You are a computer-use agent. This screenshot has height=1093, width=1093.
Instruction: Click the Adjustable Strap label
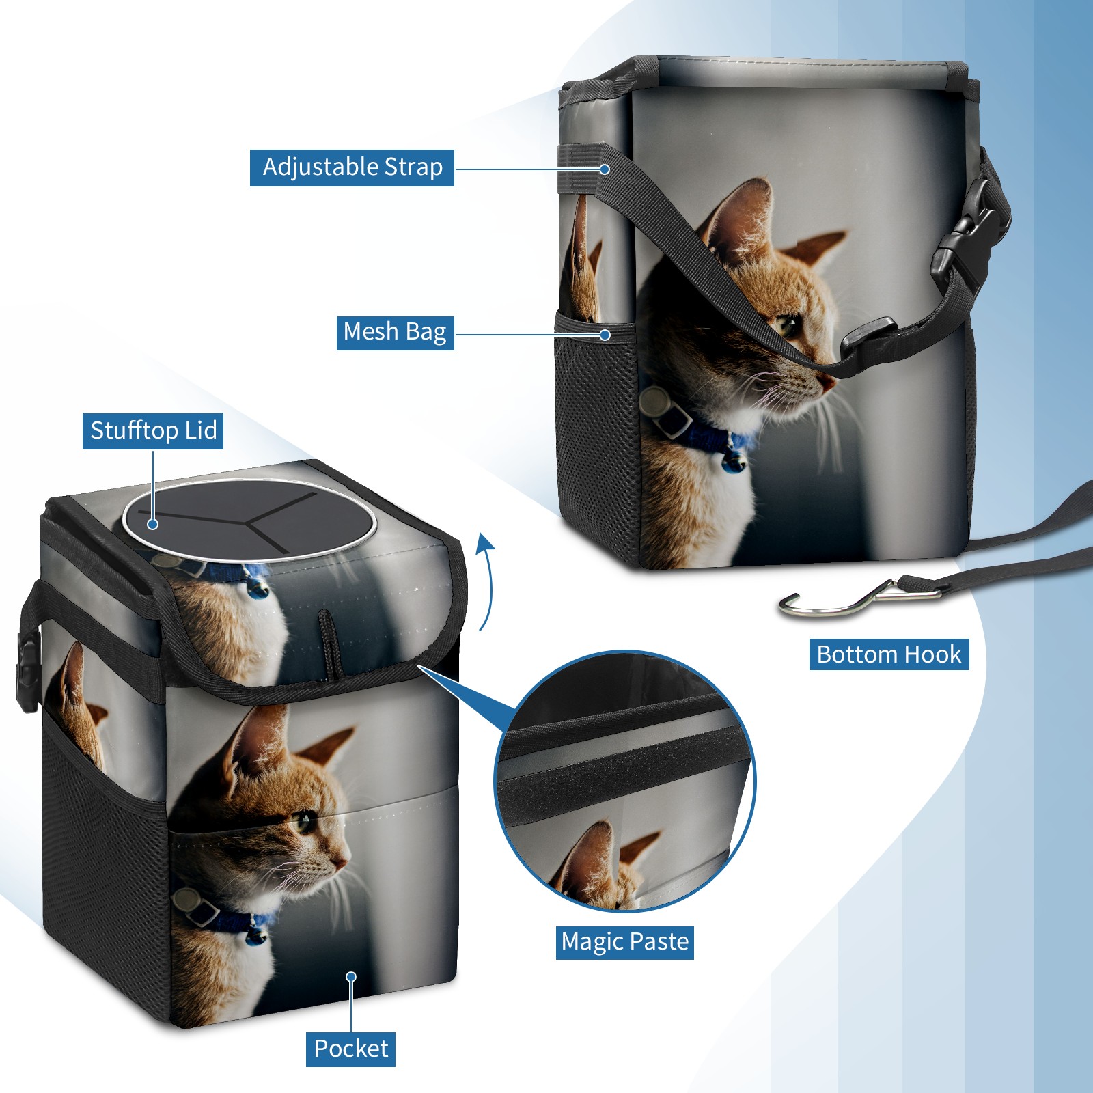352,167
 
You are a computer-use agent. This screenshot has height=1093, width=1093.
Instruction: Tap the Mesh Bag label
395,333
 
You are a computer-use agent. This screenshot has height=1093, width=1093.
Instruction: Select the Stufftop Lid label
153,431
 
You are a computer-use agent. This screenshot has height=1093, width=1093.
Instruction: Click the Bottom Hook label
889,654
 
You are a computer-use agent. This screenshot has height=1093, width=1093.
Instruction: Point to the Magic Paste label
625,942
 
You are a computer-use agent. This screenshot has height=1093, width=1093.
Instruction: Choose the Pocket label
350,1049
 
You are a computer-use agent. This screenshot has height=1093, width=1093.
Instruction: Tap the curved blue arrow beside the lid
485,581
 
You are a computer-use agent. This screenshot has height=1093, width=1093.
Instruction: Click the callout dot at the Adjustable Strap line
605,169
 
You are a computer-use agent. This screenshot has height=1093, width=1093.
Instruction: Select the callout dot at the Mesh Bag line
605,335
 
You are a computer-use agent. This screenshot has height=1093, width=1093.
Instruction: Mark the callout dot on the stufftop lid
153,524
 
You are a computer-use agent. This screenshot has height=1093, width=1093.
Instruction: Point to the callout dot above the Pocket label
351,977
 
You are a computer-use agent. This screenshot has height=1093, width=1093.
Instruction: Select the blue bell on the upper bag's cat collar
734,463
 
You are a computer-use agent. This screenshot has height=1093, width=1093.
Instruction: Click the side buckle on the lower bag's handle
27,673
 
